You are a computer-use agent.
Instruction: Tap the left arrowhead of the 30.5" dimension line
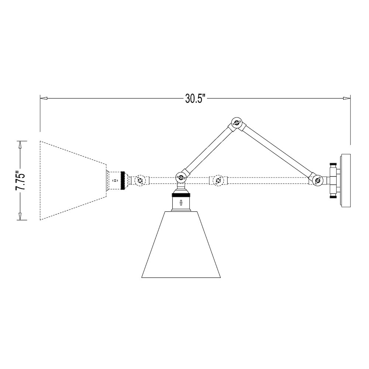click(44, 99)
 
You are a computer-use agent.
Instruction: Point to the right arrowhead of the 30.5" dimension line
click(346, 99)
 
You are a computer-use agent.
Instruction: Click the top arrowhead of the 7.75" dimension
click(21, 144)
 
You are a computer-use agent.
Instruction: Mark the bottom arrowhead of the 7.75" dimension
click(21, 217)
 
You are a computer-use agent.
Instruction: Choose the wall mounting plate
click(346, 180)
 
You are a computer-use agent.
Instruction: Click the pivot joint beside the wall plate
click(317, 180)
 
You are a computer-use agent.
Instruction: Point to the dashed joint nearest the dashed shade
click(140, 180)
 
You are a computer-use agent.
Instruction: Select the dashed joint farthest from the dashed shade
click(217, 180)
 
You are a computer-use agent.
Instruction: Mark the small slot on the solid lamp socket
click(181, 202)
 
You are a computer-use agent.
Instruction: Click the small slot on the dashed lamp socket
click(115, 181)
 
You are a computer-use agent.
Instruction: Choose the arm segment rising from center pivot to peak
click(208, 149)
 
